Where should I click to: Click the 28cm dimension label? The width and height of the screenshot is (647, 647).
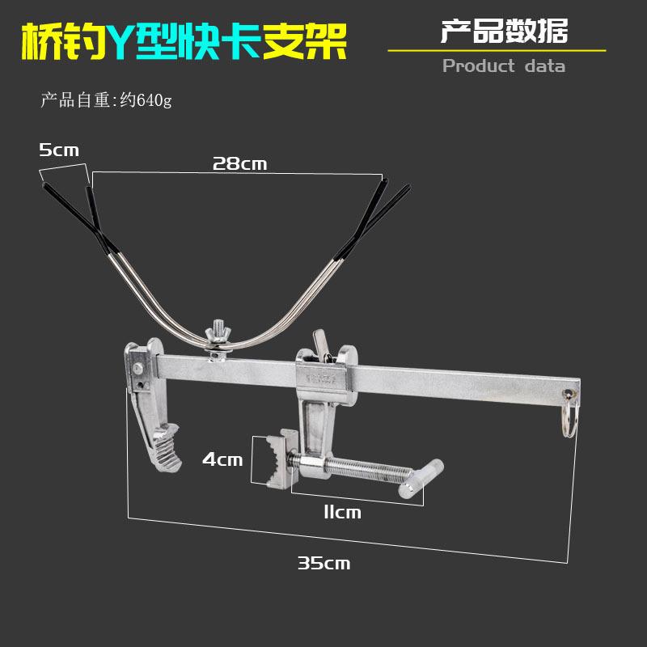pyautogui.click(x=239, y=163)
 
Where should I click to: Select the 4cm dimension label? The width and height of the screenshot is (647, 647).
pyautogui.click(x=222, y=459)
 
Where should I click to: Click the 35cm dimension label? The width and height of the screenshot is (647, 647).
pyautogui.click(x=323, y=563)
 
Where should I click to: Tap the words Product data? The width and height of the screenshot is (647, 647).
pyautogui.click(x=503, y=66)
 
